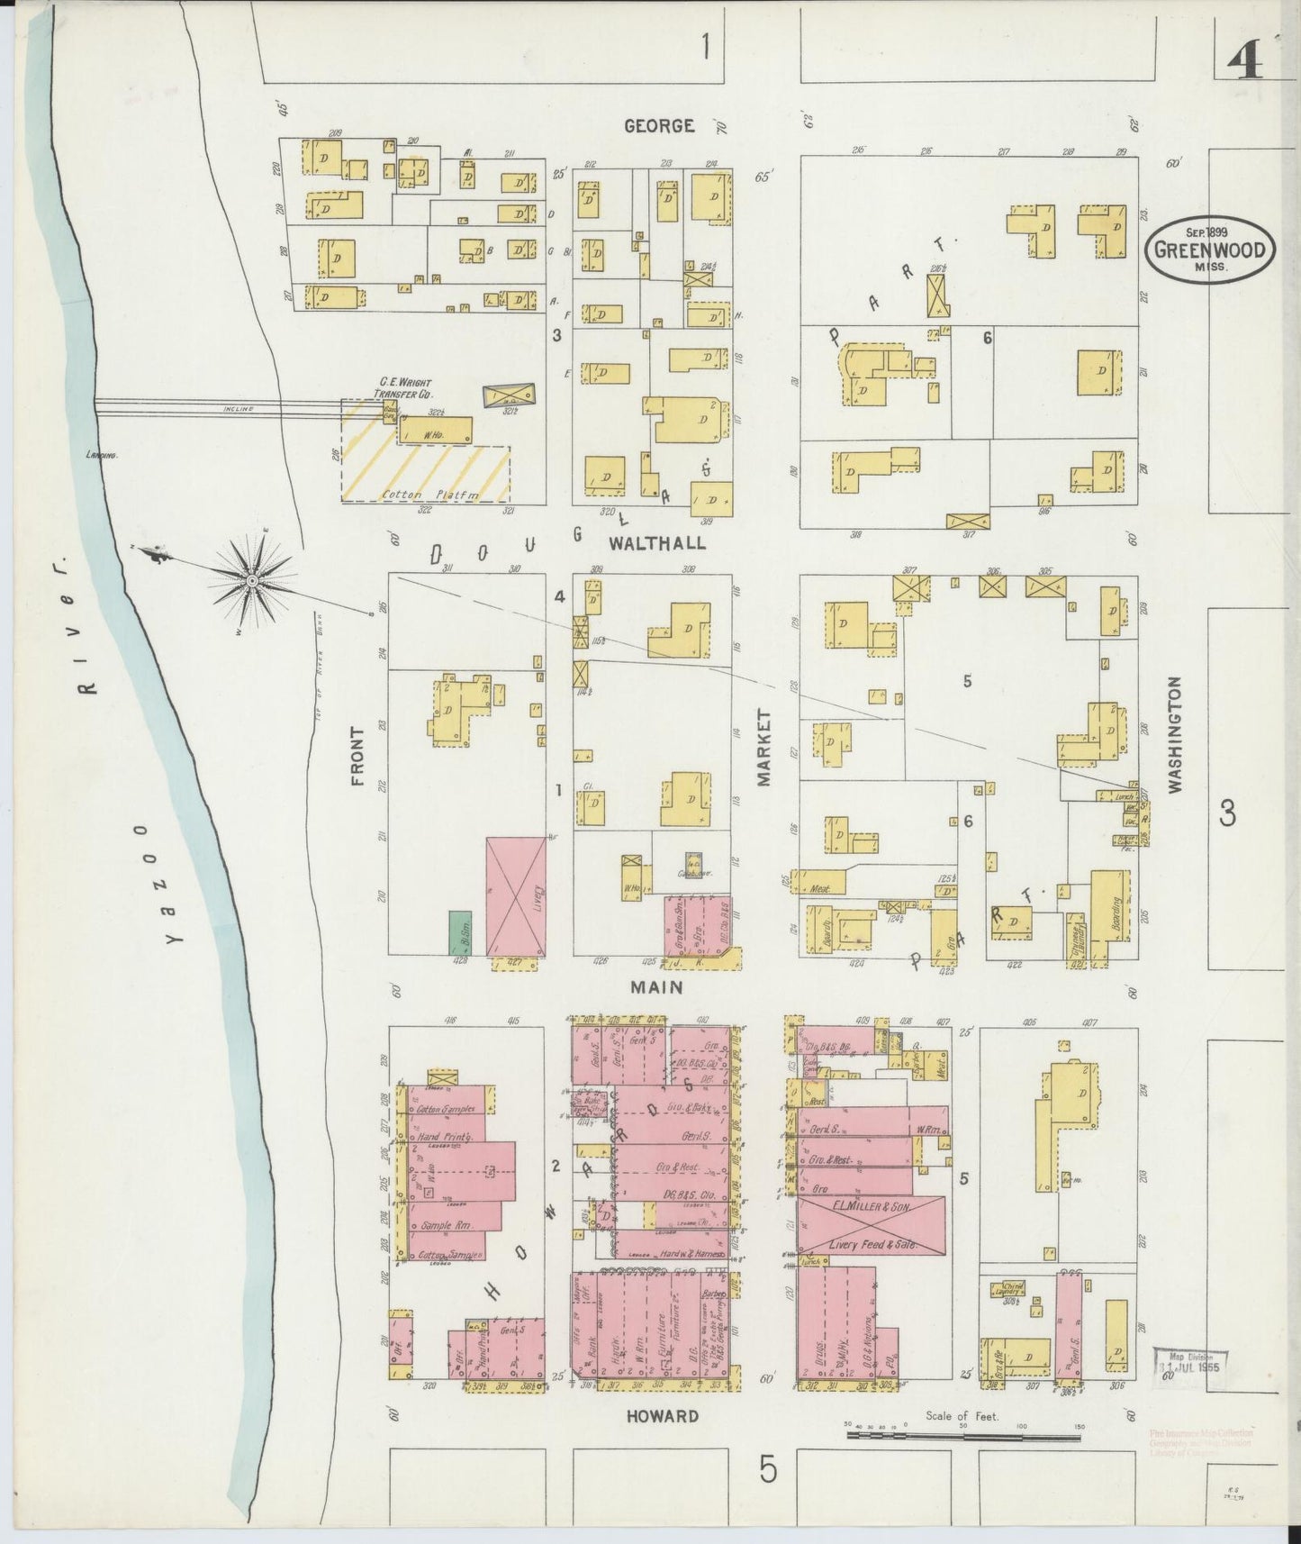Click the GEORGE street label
tap(660, 126)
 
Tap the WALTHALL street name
tap(657, 543)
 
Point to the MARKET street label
tap(765, 748)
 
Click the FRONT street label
tap(357, 757)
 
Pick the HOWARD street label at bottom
tap(663, 1416)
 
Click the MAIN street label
tap(656, 987)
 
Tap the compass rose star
tap(254, 582)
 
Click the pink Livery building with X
tap(516, 896)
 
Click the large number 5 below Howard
tap(766, 1470)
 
